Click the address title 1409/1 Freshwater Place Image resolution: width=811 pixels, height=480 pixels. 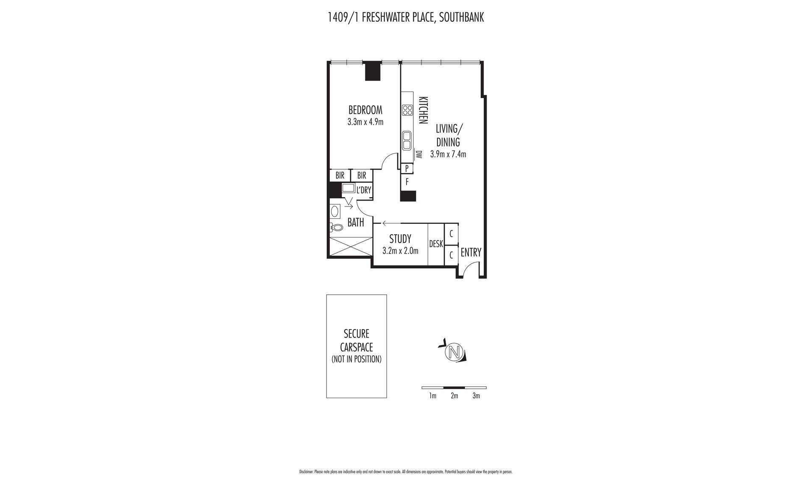pyautogui.click(x=405, y=17)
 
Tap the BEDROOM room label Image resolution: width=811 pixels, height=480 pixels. pyautogui.click(x=365, y=110)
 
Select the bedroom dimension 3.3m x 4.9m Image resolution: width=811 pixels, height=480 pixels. pyautogui.click(x=365, y=122)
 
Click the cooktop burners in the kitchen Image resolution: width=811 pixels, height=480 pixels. pyautogui.click(x=407, y=110)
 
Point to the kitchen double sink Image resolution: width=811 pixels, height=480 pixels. pyautogui.click(x=407, y=140)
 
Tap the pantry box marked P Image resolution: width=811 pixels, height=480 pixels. pyautogui.click(x=407, y=169)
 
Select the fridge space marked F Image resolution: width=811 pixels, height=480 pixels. pyautogui.click(x=407, y=182)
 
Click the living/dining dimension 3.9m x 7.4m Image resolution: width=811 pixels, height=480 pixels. pyautogui.click(x=448, y=154)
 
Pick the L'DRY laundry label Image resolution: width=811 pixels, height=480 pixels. pyautogui.click(x=364, y=190)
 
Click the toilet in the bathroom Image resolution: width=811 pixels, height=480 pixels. pyautogui.click(x=336, y=227)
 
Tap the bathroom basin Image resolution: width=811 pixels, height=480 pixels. pyautogui.click(x=335, y=211)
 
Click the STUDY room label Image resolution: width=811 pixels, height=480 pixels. pyautogui.click(x=400, y=239)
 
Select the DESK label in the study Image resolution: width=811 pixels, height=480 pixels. pyautogui.click(x=436, y=244)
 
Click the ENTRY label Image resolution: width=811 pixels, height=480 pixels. pyautogui.click(x=471, y=252)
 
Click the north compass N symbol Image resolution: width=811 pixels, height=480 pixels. pyautogui.click(x=454, y=352)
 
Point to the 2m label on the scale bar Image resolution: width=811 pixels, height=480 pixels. pyautogui.click(x=454, y=396)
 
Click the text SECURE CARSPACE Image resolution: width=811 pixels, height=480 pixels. pyautogui.click(x=356, y=340)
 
